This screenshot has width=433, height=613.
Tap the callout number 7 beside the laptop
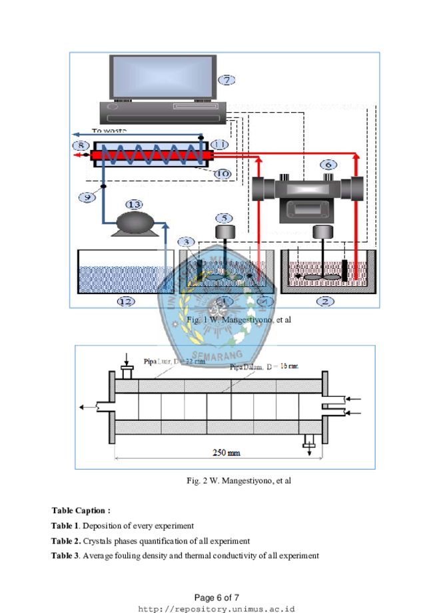(226, 80)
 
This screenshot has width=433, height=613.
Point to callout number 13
(135, 203)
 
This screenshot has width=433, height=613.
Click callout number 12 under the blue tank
(125, 301)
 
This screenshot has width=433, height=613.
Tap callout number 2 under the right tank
(326, 301)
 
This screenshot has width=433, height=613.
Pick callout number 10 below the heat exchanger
(222, 173)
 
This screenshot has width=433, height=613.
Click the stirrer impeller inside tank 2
(322, 275)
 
